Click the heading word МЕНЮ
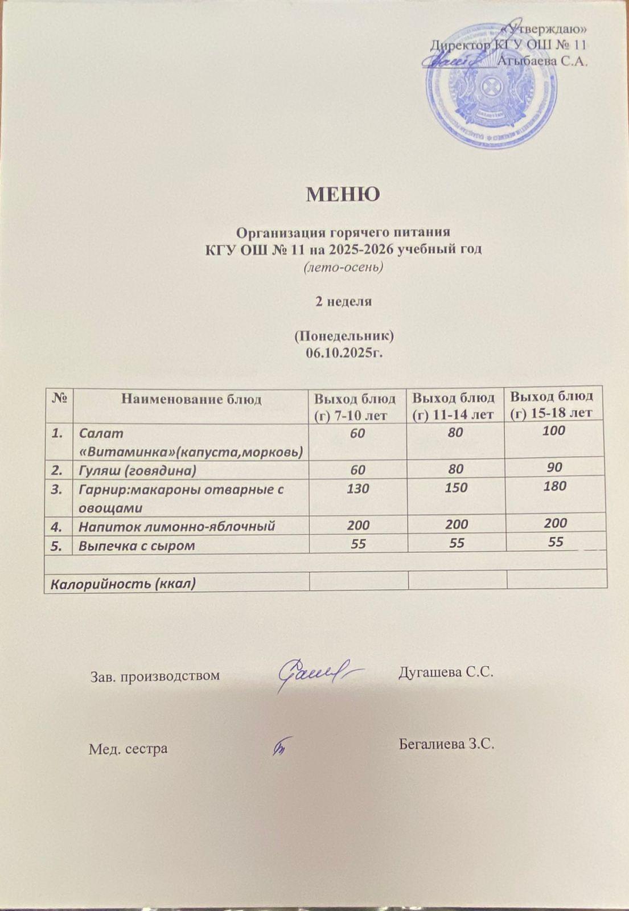point(343,195)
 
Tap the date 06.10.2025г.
point(343,354)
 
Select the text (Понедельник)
point(343,336)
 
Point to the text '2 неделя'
point(344,302)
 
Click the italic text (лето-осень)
point(343,267)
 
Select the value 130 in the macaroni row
point(358,489)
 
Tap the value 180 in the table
point(554,486)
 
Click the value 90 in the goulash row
point(554,467)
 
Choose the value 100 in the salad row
point(553,431)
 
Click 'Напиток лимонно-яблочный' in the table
point(176,526)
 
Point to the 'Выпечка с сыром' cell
point(137,545)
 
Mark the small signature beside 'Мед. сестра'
point(282,746)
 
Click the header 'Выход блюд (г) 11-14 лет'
point(454,405)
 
